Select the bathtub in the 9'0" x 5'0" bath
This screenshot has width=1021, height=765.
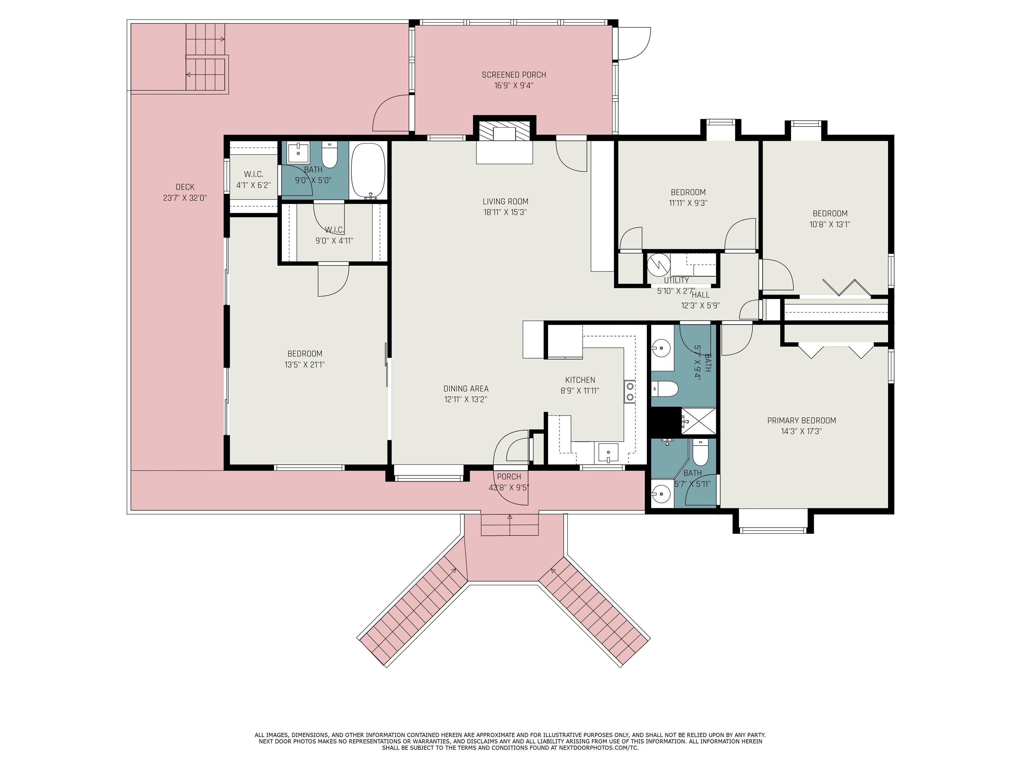368,171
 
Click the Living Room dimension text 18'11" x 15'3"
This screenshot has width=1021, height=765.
505,212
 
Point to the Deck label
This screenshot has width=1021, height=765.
185,187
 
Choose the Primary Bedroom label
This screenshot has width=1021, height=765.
801,421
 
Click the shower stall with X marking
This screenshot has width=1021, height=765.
698,421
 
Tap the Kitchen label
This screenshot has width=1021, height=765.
580,380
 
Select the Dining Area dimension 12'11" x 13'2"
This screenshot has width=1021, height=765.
465,400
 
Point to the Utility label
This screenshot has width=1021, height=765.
676,280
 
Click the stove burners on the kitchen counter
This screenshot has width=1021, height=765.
629,391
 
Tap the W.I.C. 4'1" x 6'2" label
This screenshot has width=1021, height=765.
253,175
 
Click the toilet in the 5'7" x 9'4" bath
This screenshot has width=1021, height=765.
665,389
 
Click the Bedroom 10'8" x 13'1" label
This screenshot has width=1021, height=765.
830,214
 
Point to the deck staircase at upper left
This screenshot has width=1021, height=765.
206,58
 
